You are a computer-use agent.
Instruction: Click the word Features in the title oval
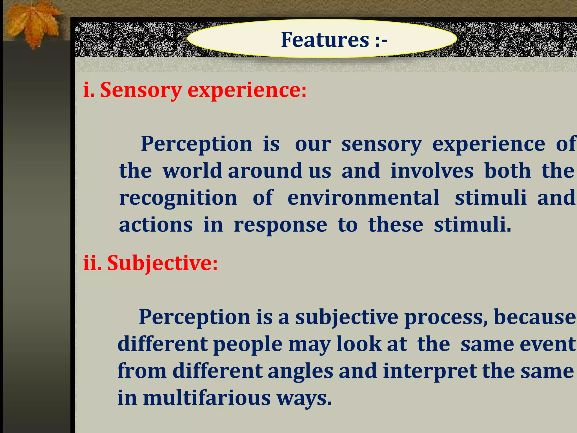click(x=325, y=40)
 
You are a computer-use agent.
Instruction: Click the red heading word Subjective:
click(x=162, y=263)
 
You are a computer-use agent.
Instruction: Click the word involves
click(x=432, y=171)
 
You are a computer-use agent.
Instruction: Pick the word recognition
click(x=178, y=198)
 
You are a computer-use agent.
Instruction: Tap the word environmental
click(x=363, y=198)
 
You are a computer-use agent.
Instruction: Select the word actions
click(x=156, y=225)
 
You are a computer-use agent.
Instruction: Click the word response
click(x=280, y=225)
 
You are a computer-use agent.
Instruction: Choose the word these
click(x=396, y=225)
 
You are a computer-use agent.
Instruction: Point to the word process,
click(x=446, y=317)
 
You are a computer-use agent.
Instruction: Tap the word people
click(x=247, y=344)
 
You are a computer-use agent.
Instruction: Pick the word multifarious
click(x=207, y=398)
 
